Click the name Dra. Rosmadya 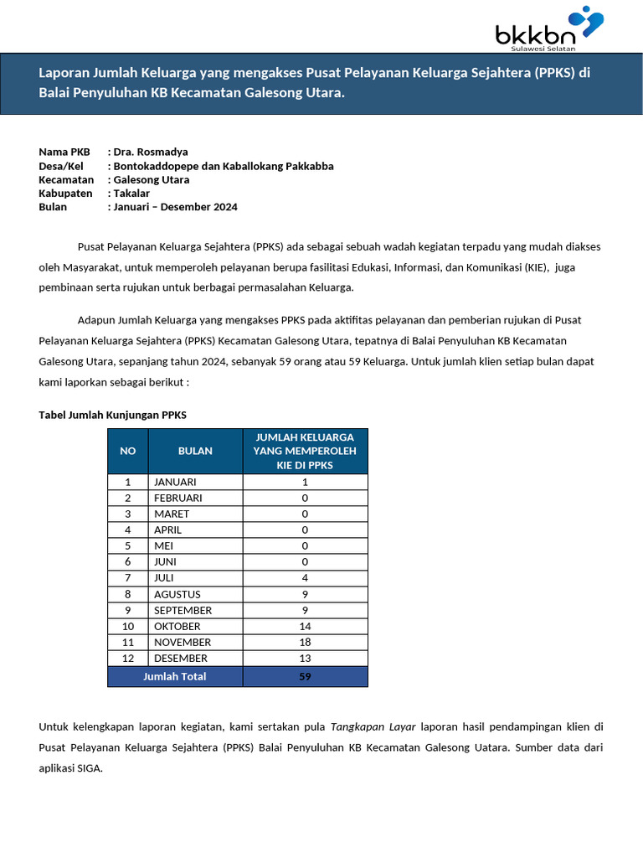(x=151, y=152)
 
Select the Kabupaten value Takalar (x=131, y=193)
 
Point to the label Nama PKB (x=64, y=152)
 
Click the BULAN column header (x=195, y=451)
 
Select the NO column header (x=128, y=451)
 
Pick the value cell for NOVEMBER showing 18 (x=305, y=643)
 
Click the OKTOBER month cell (x=177, y=627)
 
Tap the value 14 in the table (x=305, y=627)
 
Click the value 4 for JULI (x=305, y=578)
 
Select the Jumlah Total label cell (x=175, y=676)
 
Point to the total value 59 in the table (x=305, y=676)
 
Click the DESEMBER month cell (x=180, y=659)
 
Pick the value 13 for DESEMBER (x=305, y=659)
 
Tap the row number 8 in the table (x=128, y=594)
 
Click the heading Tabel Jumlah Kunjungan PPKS (x=113, y=415)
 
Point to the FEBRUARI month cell (x=177, y=498)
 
